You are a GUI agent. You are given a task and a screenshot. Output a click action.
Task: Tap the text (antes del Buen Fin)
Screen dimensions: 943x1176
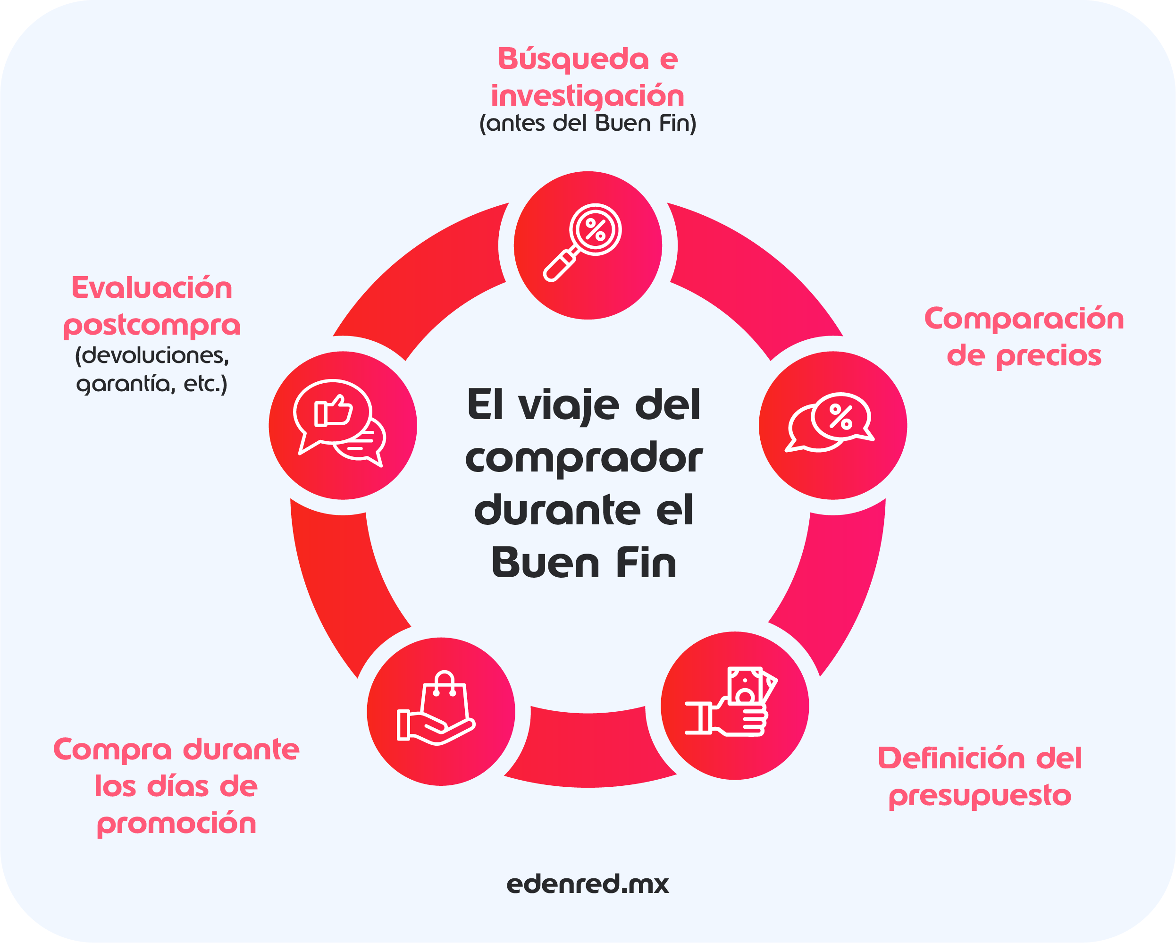[588, 123]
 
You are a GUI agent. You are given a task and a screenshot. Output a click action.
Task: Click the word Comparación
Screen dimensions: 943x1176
[1024, 319]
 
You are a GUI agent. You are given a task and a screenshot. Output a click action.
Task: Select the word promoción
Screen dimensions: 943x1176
[176, 824]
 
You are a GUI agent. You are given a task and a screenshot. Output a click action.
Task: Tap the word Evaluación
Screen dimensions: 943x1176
[151, 288]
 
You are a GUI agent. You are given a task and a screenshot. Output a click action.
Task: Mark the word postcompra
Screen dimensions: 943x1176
[151, 326]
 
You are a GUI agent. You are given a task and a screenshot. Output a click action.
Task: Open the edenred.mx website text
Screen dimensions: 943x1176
[588, 884]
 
